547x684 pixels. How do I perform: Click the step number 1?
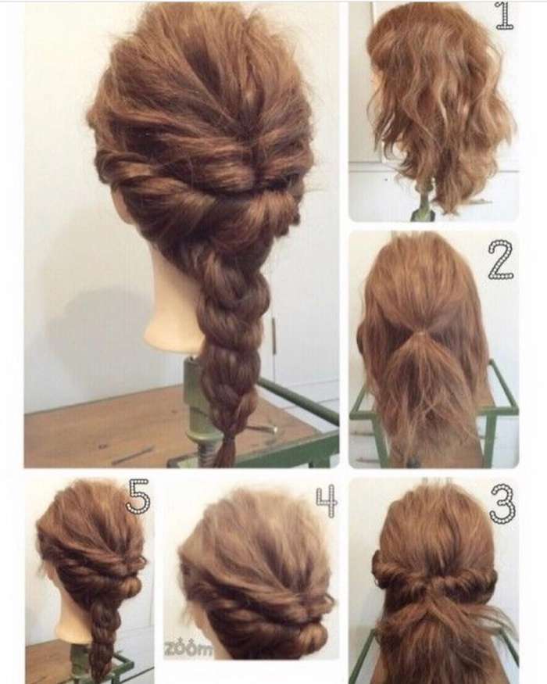click(505, 16)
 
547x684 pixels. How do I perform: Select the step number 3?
click(502, 504)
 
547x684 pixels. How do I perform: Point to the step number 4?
click(327, 500)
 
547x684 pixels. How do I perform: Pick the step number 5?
click(139, 496)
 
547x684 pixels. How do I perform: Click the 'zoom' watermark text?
click(188, 650)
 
